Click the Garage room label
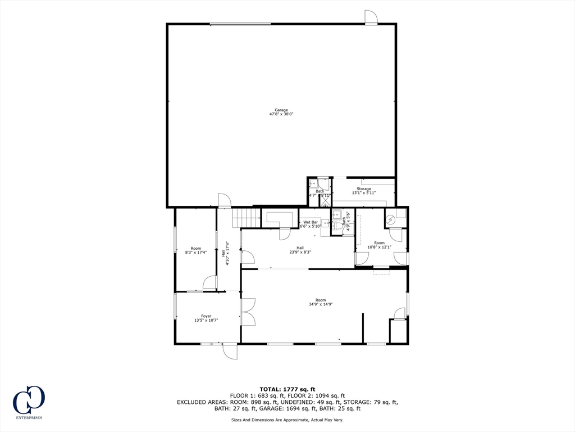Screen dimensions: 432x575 (x=281, y=110)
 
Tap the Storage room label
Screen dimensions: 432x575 (x=363, y=189)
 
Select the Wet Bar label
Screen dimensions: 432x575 (x=311, y=222)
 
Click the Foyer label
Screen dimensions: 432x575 (x=206, y=316)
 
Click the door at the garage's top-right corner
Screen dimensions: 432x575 (x=371, y=17)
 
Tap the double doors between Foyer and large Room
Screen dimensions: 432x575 (x=248, y=312)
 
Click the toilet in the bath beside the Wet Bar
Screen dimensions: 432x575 (x=336, y=214)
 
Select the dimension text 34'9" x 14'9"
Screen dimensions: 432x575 (x=320, y=304)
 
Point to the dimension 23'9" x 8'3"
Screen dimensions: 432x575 (x=300, y=252)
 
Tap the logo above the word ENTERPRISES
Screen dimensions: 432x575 (x=29, y=400)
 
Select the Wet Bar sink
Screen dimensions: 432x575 (x=324, y=223)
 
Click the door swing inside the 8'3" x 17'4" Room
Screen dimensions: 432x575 (x=210, y=282)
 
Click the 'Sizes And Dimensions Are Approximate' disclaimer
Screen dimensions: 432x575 (x=287, y=420)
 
